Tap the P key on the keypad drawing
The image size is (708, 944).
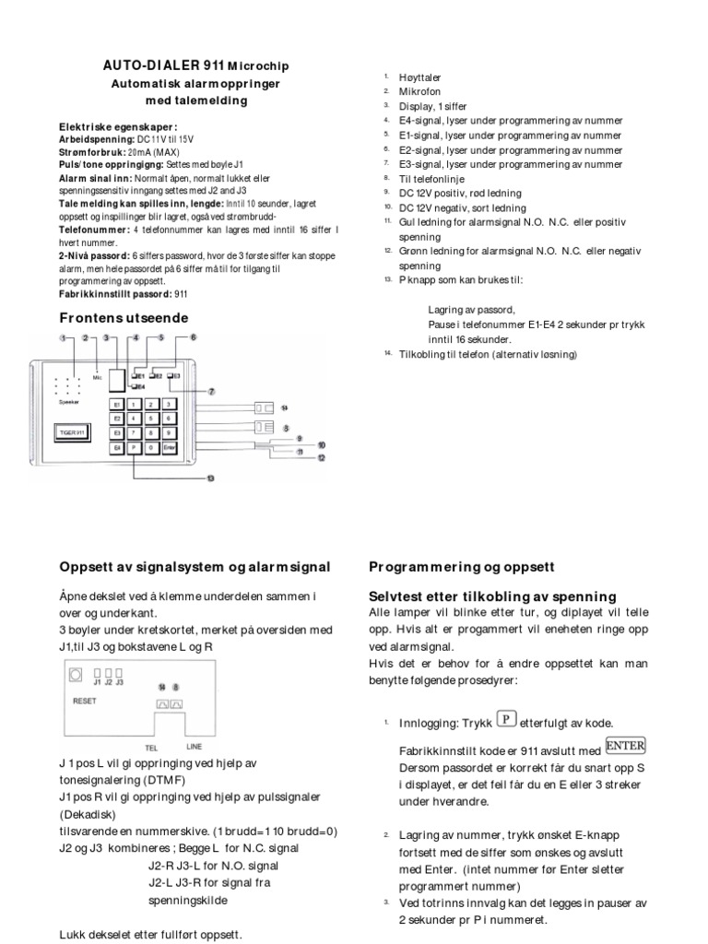tap(133, 448)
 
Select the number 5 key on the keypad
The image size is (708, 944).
tap(152, 418)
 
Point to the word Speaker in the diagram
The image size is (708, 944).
tap(70, 403)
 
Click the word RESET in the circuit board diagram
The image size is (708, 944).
tap(84, 701)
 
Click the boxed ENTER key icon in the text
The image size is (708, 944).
tap(626, 745)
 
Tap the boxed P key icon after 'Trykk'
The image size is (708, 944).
tap(504, 719)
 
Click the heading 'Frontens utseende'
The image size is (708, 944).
tap(124, 318)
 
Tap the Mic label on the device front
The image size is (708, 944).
tap(97, 376)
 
